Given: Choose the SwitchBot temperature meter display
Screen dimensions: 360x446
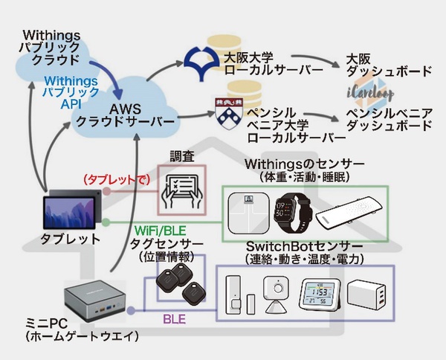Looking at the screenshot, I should pyautogui.click(x=320, y=296).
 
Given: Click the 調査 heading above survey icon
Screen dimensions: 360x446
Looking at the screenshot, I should pyautogui.click(x=182, y=156).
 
